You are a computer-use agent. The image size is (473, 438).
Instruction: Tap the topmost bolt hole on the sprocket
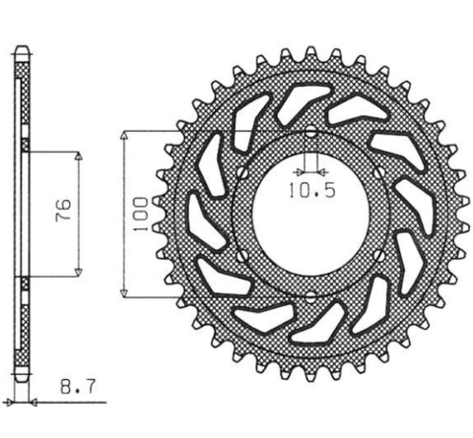(310, 133)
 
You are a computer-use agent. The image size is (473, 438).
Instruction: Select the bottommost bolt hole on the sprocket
(310, 296)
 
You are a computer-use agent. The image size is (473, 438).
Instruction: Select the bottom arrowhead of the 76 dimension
(76, 273)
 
